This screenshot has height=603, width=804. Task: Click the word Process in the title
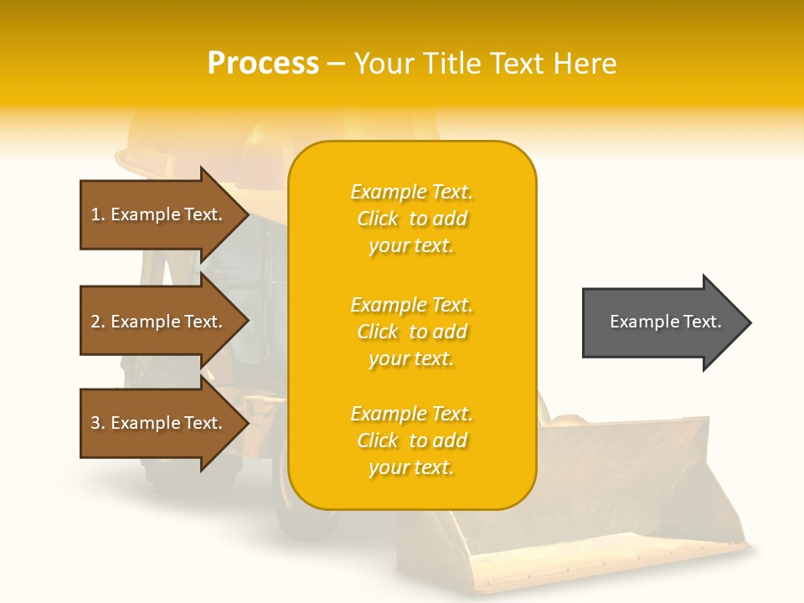(263, 64)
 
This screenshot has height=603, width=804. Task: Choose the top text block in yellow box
(411, 219)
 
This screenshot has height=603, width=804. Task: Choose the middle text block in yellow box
(411, 332)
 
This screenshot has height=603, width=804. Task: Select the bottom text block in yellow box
(411, 441)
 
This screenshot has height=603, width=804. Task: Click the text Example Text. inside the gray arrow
(665, 322)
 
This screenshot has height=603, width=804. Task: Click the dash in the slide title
(337, 64)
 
